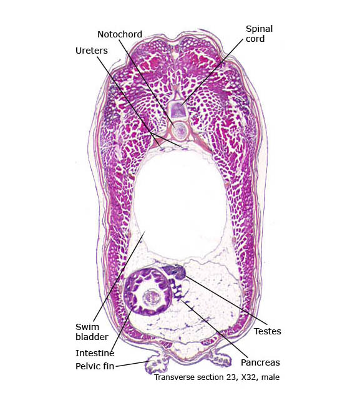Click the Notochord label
pyautogui.click(x=120, y=34)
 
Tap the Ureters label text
pyautogui.click(x=92, y=51)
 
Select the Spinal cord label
pyautogui.click(x=259, y=34)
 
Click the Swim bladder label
pyautogui.click(x=92, y=332)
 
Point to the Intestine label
pyautogui.click(x=95, y=353)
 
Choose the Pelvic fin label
pyautogui.click(x=95, y=366)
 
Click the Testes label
pyautogui.click(x=267, y=331)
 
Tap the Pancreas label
pyautogui.click(x=260, y=362)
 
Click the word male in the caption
pyautogui.click(x=270, y=377)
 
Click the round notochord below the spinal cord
pyautogui.click(x=180, y=130)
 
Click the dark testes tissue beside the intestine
pyautogui.click(x=175, y=271)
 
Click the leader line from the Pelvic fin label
pyautogui.click(x=132, y=364)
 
